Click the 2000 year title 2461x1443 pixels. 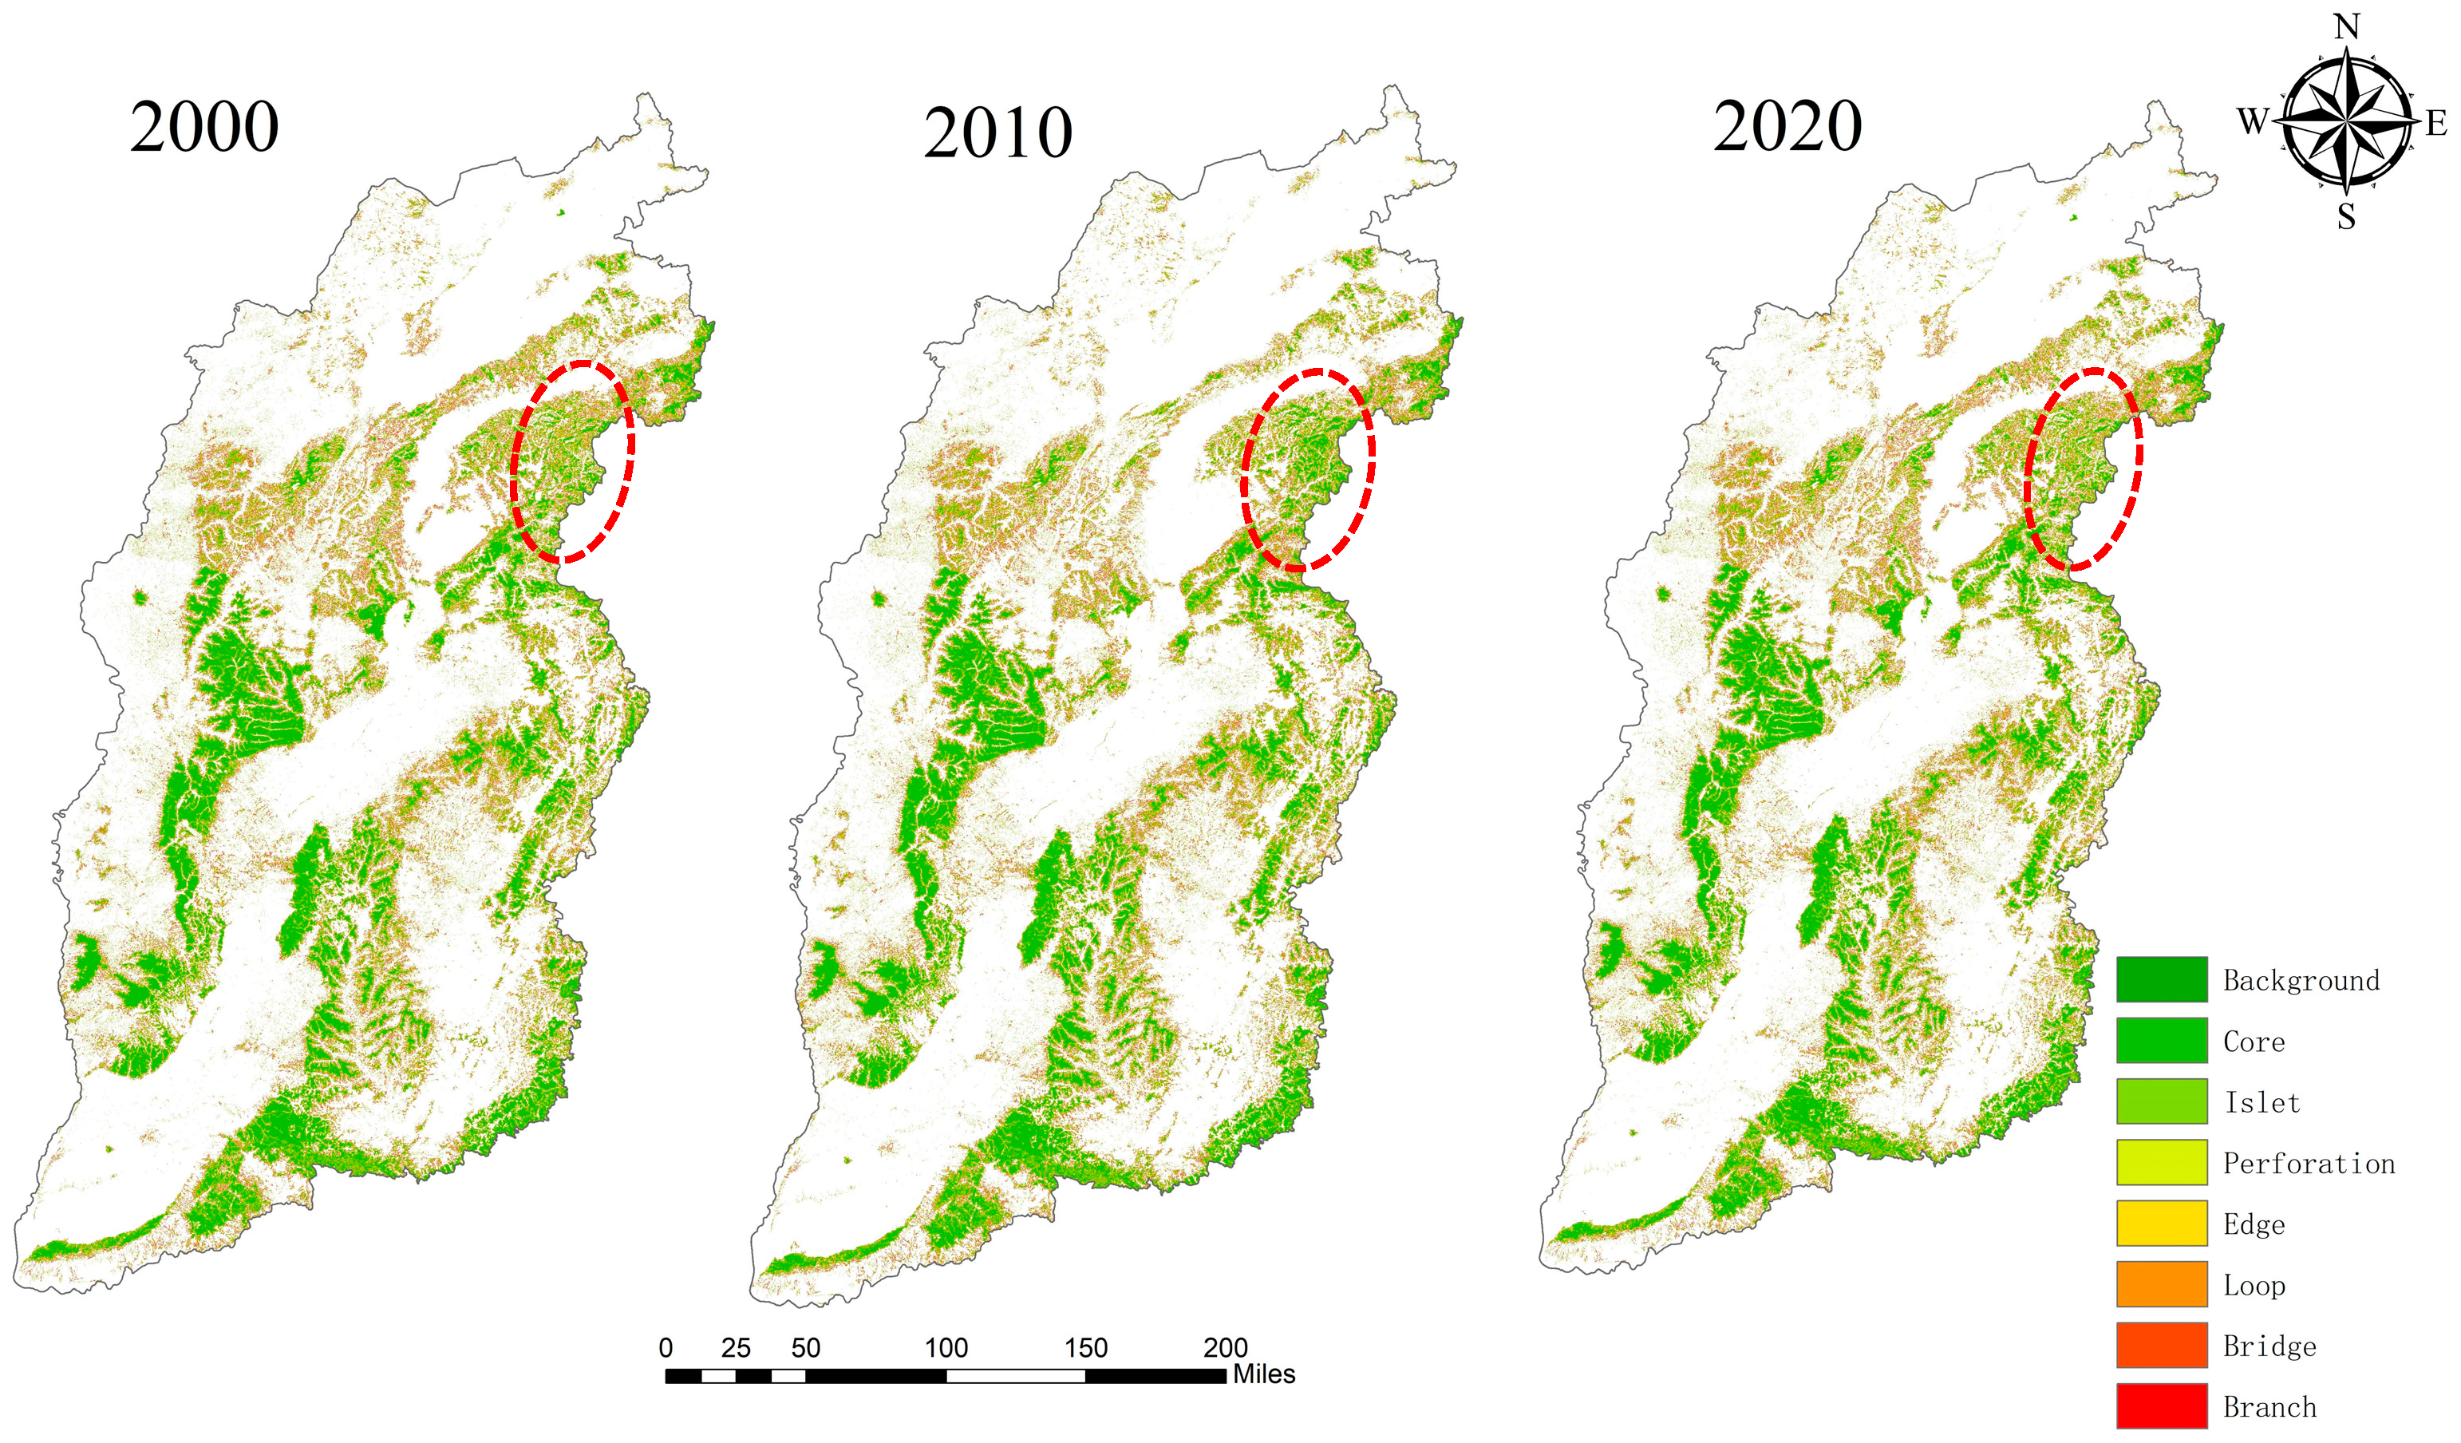204,127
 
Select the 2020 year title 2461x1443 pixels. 1787,127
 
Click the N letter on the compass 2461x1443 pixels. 2348,26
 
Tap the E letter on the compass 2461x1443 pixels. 2435,123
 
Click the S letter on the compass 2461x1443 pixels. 2347,216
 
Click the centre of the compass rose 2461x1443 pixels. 2347,121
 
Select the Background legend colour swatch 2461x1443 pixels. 2161,979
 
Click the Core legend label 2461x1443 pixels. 2254,1042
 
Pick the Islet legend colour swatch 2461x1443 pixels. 2161,1101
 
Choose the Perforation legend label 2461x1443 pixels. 2309,1163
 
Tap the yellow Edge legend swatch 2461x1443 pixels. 2161,1224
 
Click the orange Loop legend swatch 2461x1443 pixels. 2161,1283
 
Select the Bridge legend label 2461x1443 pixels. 2269,1346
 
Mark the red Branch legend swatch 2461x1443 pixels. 2161,1405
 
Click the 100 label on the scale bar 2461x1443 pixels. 946,1348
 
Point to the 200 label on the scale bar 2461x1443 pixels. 1225,1348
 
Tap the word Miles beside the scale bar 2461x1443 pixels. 1264,1374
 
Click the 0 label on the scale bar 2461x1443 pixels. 666,1348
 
